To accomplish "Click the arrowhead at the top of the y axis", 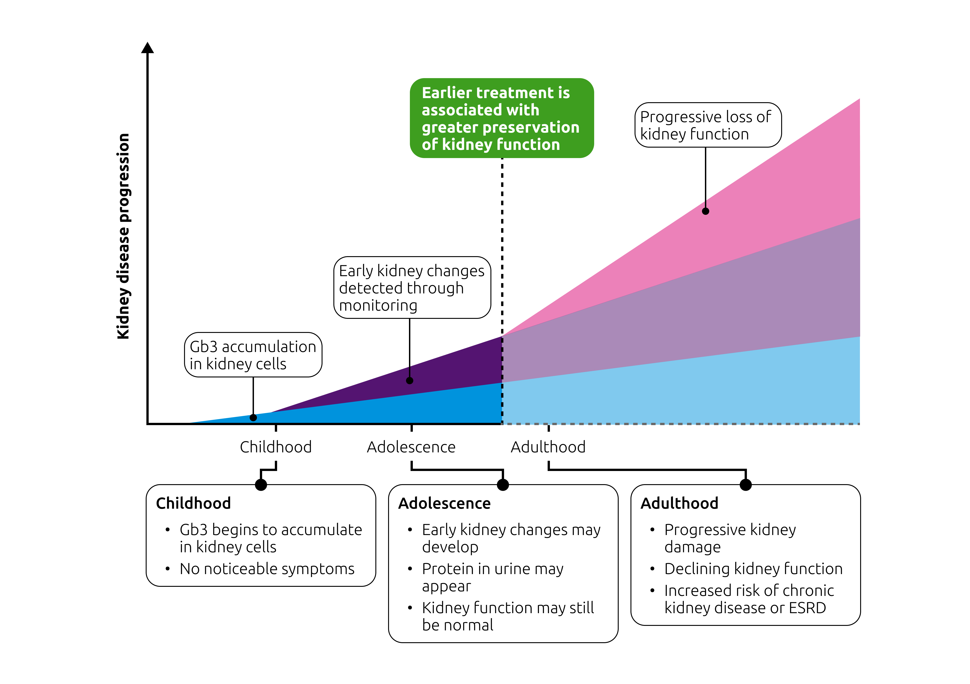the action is coord(148,48).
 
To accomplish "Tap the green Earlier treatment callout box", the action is coord(502,118).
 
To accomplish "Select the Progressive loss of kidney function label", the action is coord(708,125).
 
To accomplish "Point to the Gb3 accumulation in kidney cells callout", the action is coord(253,355).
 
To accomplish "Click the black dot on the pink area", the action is coord(706,211).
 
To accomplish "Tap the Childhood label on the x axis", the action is coord(276,447).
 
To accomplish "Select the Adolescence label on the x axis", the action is coord(411,447).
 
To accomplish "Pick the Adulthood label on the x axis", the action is coord(548,447).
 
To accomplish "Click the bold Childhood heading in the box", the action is coord(194,503).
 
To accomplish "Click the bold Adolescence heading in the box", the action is coord(444,503).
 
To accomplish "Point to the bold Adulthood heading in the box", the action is coord(679,503).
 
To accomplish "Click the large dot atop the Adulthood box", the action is coord(746,485).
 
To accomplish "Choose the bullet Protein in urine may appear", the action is coord(493,577).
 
